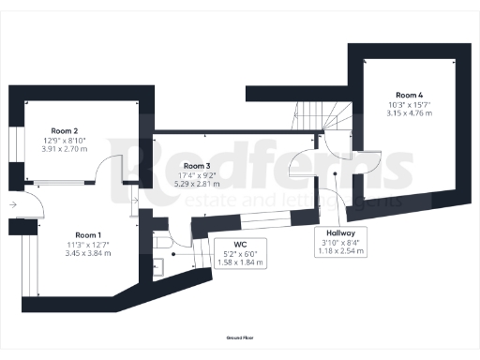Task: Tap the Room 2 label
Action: (64, 131)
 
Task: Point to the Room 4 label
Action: (410, 96)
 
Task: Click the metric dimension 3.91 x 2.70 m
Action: (64, 148)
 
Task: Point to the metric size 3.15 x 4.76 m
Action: (410, 113)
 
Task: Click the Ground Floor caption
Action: (241, 336)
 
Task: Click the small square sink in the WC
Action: (158, 266)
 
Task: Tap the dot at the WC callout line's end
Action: (175, 253)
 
